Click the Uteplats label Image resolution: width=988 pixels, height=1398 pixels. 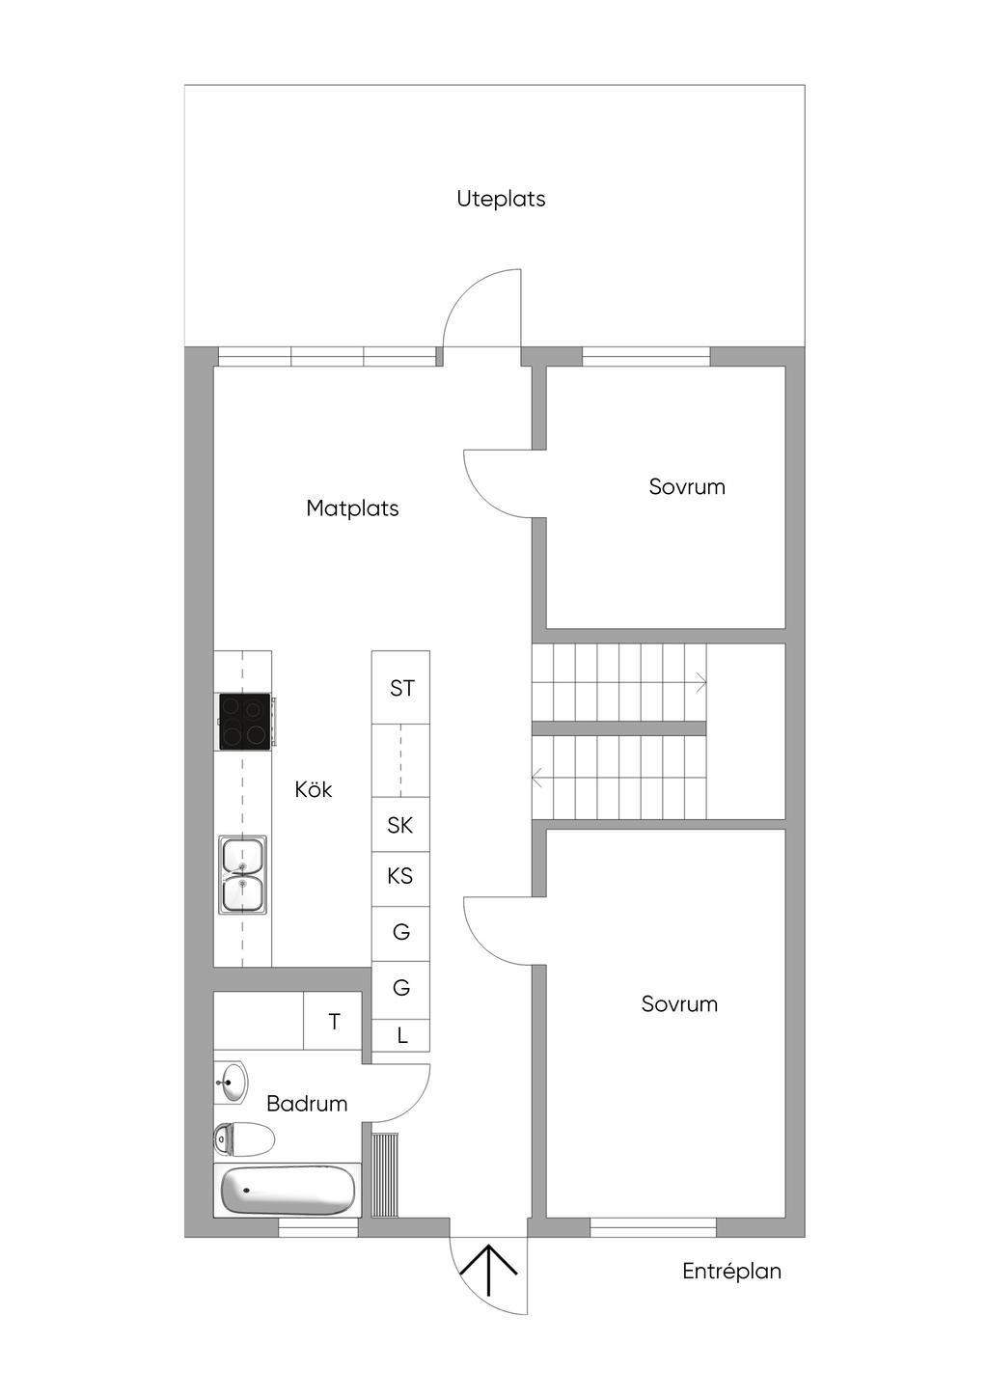point(501,199)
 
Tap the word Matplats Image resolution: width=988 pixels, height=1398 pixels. point(352,508)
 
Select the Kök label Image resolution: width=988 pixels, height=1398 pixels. point(314,789)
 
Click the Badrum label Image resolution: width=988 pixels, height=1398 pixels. point(307,1104)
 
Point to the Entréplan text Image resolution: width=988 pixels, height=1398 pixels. point(731,1272)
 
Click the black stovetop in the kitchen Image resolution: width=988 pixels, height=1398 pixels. point(245,721)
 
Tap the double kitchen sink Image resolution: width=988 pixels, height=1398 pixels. point(242,875)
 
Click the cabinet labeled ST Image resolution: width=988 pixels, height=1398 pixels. point(400,687)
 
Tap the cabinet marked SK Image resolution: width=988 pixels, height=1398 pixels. point(400,825)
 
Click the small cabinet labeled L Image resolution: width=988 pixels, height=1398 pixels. point(400,1035)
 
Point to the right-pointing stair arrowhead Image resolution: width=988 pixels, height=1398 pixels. point(700,683)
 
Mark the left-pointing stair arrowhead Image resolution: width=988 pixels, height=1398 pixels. point(536,779)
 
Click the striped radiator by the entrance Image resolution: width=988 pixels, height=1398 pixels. point(384,1175)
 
